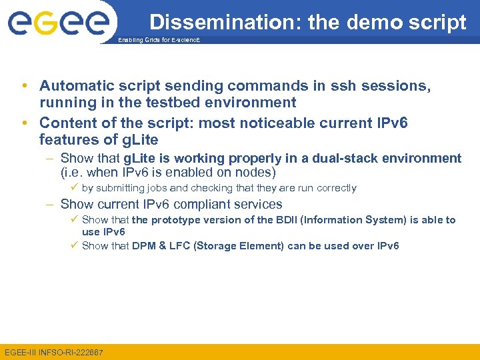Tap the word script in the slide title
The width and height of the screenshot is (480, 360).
(x=438, y=22)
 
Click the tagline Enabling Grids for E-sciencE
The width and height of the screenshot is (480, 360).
(x=159, y=41)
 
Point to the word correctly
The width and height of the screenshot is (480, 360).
(x=335, y=188)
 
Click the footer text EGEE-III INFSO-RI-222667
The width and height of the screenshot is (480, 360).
(x=54, y=351)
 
